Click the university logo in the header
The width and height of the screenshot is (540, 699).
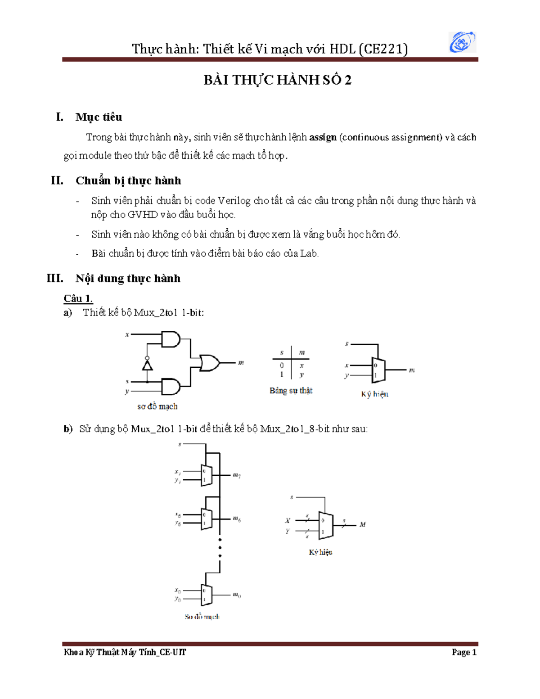pyautogui.click(x=462, y=42)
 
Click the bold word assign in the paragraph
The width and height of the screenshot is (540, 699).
pyautogui.click(x=323, y=137)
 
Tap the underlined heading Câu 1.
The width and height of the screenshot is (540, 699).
pyautogui.click(x=78, y=298)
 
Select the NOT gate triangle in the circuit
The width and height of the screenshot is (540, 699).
pyautogui.click(x=147, y=365)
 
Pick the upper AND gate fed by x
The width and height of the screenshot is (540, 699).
pyautogui.click(x=171, y=339)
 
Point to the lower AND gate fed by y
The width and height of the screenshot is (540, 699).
pyautogui.click(x=171, y=386)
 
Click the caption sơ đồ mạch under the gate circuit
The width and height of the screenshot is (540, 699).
pyautogui.click(x=157, y=406)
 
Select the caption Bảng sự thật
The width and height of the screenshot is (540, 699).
pyautogui.click(x=291, y=391)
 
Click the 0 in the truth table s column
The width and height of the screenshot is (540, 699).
pyautogui.click(x=282, y=365)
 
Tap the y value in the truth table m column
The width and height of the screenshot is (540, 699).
pyautogui.click(x=301, y=374)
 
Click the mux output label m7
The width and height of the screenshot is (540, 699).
pyautogui.click(x=237, y=475)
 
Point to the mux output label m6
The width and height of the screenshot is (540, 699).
pyautogui.click(x=237, y=519)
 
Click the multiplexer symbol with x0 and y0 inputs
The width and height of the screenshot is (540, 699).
pyautogui.click(x=206, y=595)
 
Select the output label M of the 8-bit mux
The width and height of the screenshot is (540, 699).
pyautogui.click(x=363, y=524)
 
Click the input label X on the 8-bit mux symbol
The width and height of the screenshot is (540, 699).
pyautogui.click(x=288, y=521)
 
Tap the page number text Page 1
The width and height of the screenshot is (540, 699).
pyautogui.click(x=464, y=652)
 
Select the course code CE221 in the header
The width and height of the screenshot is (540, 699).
pyautogui.click(x=383, y=49)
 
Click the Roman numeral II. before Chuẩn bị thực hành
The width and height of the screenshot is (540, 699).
pyautogui.click(x=57, y=180)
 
